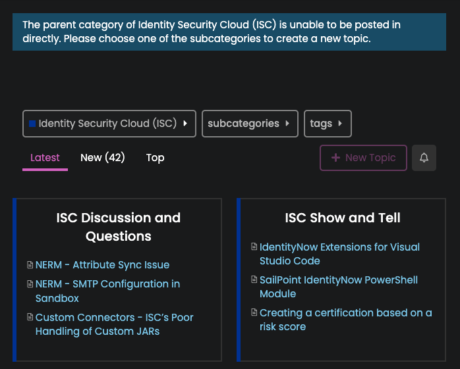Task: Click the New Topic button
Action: point(363,158)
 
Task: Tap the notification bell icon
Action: point(424,158)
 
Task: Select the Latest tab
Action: point(45,158)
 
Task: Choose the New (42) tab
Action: point(102,158)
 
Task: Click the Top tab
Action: point(155,158)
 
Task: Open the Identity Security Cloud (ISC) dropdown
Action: point(109,124)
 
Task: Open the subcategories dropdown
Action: point(250,124)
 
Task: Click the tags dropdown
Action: point(328,124)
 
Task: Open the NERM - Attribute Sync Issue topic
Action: point(102,264)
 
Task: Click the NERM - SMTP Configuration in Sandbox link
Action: point(107,291)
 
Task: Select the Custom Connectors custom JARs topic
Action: point(115,324)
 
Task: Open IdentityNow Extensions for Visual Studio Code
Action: point(339,254)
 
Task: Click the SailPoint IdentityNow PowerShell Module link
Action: point(339,287)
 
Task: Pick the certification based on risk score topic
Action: point(345,320)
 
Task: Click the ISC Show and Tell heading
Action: point(343,218)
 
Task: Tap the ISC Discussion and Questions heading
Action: point(119,227)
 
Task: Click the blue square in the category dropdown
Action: point(32,124)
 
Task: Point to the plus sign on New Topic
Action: point(335,158)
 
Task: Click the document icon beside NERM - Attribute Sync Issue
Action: point(30,264)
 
